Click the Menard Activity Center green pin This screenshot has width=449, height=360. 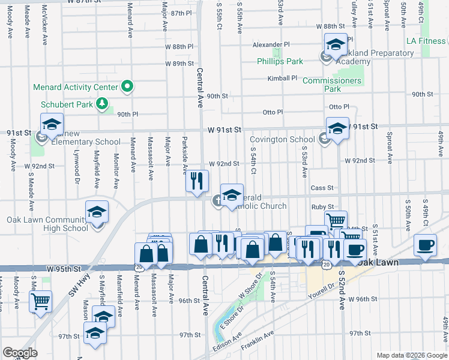point(127,87)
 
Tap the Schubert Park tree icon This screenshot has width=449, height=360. point(103,104)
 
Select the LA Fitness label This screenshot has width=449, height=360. point(426,41)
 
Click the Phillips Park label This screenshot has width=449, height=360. point(280,61)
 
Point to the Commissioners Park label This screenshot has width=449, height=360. point(332,85)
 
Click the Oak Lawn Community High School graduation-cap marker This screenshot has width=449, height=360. point(97,214)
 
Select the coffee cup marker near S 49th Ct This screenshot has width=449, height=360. point(426,246)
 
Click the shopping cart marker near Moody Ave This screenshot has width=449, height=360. point(41,302)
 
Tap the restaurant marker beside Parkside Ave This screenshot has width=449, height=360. point(197,181)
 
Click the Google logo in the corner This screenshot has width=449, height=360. point(20,353)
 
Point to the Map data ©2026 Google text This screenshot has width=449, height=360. point(411,355)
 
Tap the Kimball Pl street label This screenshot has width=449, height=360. point(282,78)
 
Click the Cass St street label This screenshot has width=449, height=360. point(322,188)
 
